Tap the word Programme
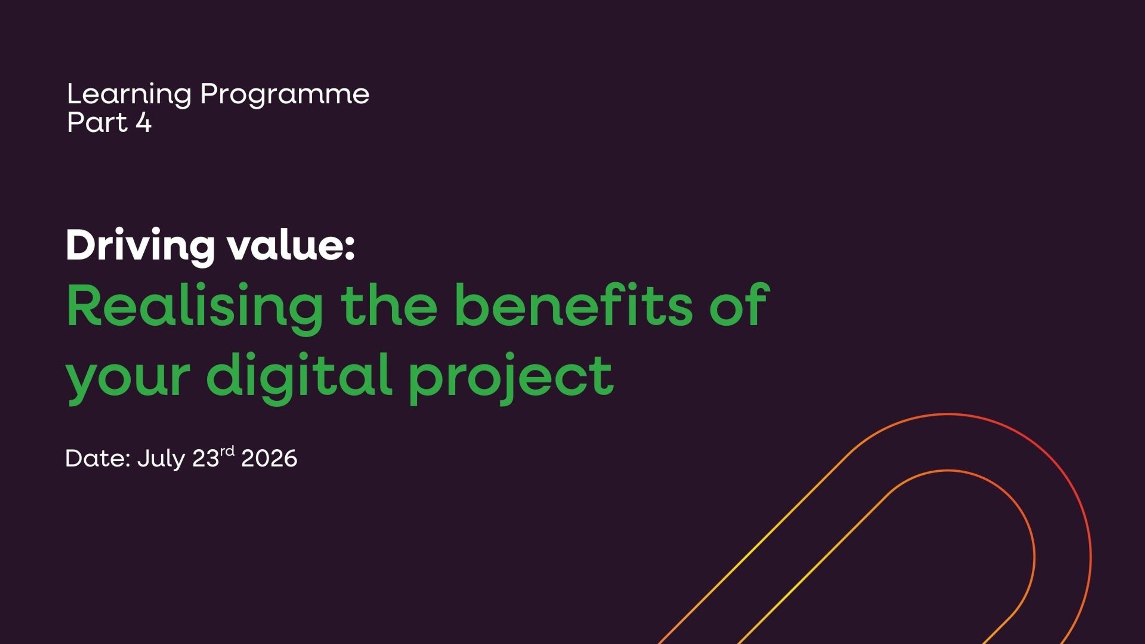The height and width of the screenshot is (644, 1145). pos(284,95)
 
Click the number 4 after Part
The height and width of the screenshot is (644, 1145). pos(143,122)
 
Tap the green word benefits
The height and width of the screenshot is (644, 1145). pos(573,306)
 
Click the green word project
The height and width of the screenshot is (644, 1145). pos(511,377)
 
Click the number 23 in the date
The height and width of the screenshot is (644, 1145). pos(206,458)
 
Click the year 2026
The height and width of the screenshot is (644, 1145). pos(269,458)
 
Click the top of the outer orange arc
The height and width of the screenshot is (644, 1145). pos(947,414)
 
